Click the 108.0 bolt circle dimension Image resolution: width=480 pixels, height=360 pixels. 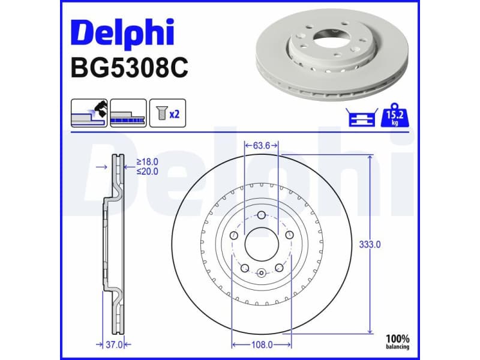click(x=262, y=344)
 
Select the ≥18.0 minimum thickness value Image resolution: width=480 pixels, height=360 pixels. click(x=147, y=162)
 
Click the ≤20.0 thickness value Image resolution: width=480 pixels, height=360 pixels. click(x=147, y=172)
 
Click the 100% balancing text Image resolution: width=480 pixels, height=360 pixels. click(x=397, y=341)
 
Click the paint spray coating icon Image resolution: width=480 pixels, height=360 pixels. click(x=89, y=113)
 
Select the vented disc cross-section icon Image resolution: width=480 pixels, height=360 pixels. click(x=128, y=113)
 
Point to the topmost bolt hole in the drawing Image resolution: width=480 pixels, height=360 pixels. click(x=262, y=217)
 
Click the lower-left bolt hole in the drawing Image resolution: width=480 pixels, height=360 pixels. click(x=245, y=268)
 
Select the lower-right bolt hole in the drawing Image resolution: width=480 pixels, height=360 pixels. click(x=278, y=268)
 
